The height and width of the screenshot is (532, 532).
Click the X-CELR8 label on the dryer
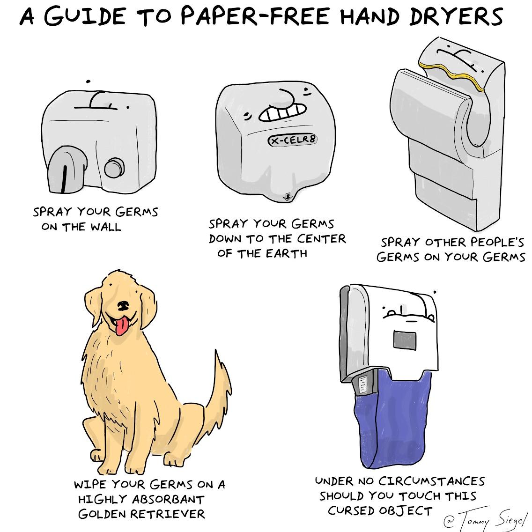click(x=292, y=139)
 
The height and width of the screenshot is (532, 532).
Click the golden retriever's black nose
click(x=123, y=306)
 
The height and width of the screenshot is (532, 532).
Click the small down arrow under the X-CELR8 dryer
click(x=288, y=196)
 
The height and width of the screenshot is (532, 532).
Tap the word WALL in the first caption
click(x=105, y=227)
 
